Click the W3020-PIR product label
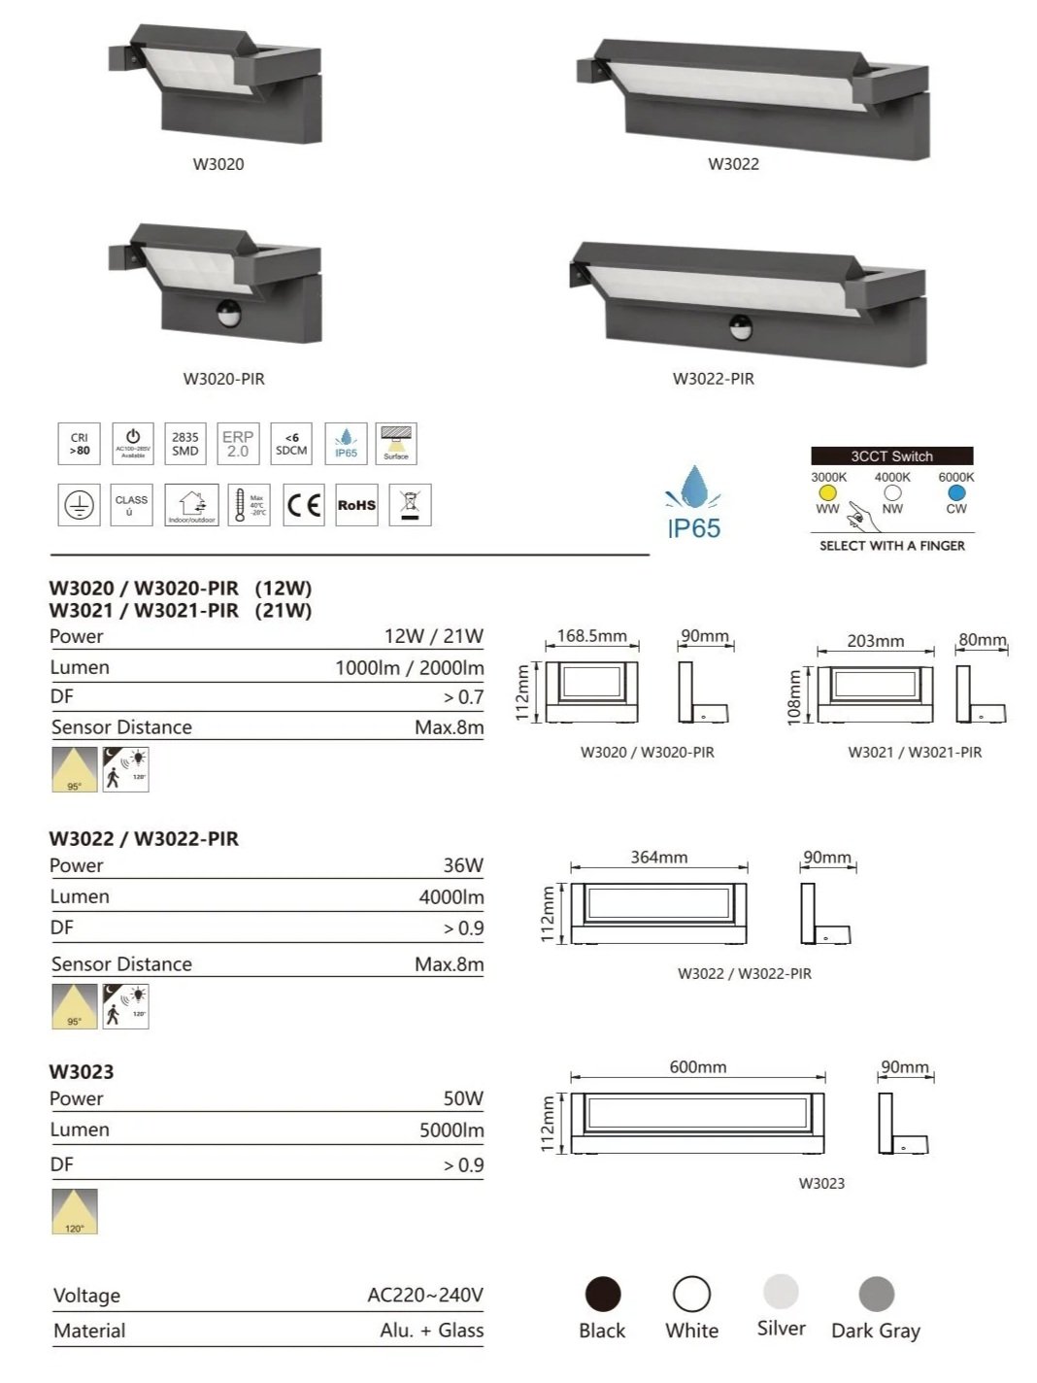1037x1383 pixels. [223, 379]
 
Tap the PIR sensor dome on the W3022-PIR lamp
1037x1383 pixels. [741, 327]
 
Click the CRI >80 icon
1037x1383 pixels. [79, 445]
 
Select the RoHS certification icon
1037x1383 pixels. [356, 505]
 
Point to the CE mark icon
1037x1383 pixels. [304, 505]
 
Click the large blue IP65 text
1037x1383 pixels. [693, 529]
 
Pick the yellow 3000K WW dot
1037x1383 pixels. [827, 493]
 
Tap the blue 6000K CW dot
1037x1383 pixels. [956, 493]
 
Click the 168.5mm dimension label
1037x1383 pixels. [591, 636]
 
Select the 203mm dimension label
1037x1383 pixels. [875, 641]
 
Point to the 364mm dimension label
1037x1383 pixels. [658, 858]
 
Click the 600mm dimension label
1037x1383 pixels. [697, 1067]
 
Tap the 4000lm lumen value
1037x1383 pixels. [452, 897]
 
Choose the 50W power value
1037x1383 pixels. [463, 1098]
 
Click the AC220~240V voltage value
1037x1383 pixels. [425, 1296]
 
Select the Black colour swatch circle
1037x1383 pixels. [603, 1295]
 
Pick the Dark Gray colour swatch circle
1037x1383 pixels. [876, 1294]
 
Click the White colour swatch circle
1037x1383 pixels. [691, 1294]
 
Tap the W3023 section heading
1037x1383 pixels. [82, 1072]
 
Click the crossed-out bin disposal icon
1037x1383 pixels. [410, 505]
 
